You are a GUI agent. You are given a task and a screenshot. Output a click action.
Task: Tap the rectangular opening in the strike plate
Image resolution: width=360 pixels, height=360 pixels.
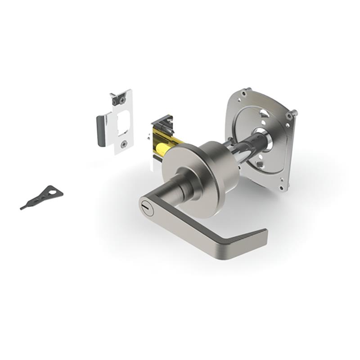pyautogui.click(x=124, y=121)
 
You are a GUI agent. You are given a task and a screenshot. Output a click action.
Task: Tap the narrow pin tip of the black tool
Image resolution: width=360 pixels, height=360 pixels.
pyautogui.click(x=22, y=207)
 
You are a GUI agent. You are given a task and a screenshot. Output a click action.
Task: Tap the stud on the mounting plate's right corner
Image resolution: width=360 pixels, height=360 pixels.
pyautogui.click(x=295, y=112)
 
